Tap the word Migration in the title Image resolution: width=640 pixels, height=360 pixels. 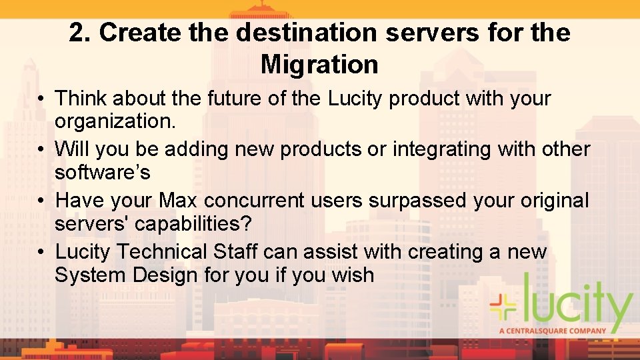click(319, 65)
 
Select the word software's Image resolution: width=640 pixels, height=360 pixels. click(103, 173)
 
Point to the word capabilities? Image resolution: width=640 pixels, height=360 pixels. click(193, 224)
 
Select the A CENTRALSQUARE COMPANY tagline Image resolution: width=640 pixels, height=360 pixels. click(553, 330)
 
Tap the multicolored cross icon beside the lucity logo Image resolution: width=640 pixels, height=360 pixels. click(504, 306)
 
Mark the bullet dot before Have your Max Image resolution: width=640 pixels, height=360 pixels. click(41, 201)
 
